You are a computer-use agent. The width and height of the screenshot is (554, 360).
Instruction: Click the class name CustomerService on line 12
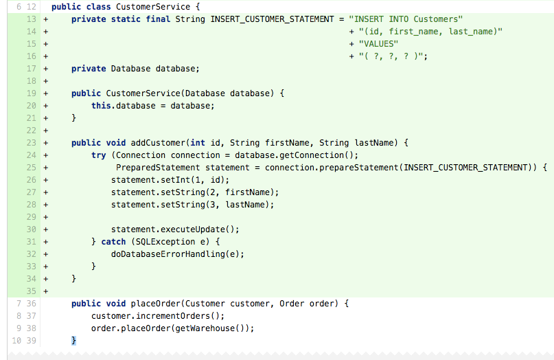click(x=153, y=7)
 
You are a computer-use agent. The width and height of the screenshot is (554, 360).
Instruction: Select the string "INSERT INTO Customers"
click(x=406, y=19)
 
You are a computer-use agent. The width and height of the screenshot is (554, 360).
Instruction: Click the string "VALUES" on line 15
click(x=378, y=44)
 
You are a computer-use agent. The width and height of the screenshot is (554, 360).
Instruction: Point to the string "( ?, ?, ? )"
click(x=391, y=56)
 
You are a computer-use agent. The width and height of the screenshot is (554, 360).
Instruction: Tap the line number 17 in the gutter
click(x=32, y=69)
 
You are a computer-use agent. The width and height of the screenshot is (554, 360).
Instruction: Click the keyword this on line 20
click(x=101, y=106)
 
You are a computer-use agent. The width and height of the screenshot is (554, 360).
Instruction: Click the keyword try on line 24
click(x=99, y=155)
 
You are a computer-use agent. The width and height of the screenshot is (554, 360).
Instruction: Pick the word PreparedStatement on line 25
click(x=158, y=168)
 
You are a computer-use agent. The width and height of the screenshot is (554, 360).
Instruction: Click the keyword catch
click(x=113, y=242)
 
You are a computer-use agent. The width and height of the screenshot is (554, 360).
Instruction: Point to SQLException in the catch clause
click(x=165, y=242)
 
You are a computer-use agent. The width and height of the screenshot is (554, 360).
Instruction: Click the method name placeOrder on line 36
click(x=155, y=304)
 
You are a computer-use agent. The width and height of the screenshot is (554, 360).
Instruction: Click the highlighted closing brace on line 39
click(x=73, y=341)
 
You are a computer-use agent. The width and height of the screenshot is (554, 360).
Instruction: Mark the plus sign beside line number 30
click(x=45, y=229)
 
